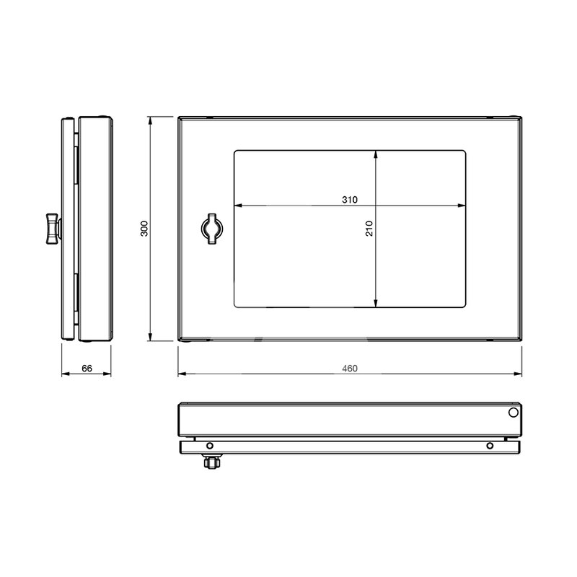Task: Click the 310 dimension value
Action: click(x=350, y=199)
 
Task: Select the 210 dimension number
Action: click(x=369, y=229)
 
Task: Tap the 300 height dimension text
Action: click(x=144, y=228)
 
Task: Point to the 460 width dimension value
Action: click(x=350, y=369)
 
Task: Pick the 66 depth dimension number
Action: click(x=87, y=369)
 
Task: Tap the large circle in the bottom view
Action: click(x=513, y=413)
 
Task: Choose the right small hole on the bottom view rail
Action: click(x=490, y=445)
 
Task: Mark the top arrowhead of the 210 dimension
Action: click(x=376, y=154)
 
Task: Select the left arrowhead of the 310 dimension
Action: click(x=237, y=206)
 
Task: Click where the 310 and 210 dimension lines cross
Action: click(x=376, y=206)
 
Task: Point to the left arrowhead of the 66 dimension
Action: click(x=63, y=374)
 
